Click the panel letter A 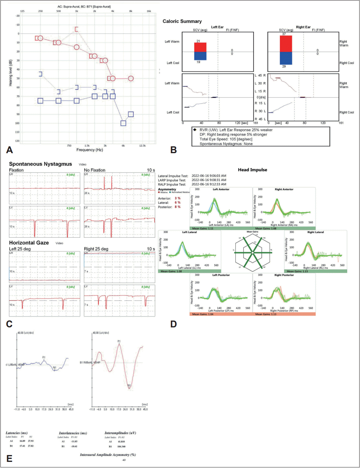tap(9, 150)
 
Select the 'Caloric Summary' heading tap(182, 21)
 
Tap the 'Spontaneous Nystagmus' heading tap(40, 164)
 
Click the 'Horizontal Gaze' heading tap(29, 243)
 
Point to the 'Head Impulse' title tap(252, 170)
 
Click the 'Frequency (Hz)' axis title tap(90, 150)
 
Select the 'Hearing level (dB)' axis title tap(11, 73)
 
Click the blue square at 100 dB tap(123, 123)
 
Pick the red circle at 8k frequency tap(131, 78)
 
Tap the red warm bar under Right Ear tap(286, 43)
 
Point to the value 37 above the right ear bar tap(284, 34)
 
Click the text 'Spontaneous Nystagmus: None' tap(226, 144)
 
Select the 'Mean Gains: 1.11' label tap(203, 229)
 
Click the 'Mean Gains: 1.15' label tap(297, 271)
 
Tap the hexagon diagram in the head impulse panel tap(252, 252)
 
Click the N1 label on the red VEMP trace tap(129, 385)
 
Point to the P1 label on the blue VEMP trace tap(44, 357)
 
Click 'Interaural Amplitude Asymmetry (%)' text tap(108, 455)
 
